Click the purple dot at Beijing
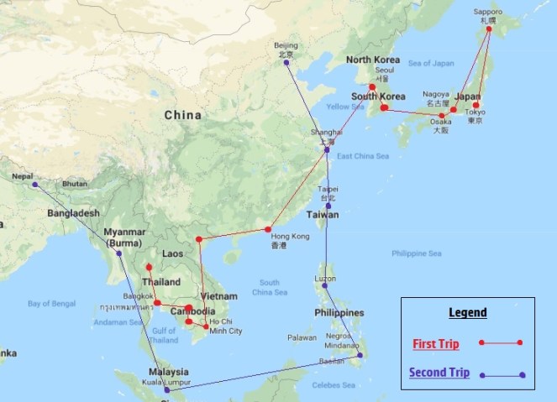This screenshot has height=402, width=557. pos(287,62)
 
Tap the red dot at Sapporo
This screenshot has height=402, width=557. pos(485,29)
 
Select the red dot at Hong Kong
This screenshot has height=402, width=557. pos(268,229)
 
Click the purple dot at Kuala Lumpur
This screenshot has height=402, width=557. pos(167,389)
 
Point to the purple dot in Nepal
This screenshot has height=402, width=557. pos(33,184)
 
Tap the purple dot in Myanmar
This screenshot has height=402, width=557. pos(118,253)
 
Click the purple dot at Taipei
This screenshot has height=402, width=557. pos(328,206)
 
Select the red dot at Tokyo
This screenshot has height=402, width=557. pos(476,105)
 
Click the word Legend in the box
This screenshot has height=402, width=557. pos(467,312)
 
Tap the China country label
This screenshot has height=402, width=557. pos(182,115)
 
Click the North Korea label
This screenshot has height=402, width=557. pos(372,60)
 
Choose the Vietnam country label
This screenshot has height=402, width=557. pos(218,296)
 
